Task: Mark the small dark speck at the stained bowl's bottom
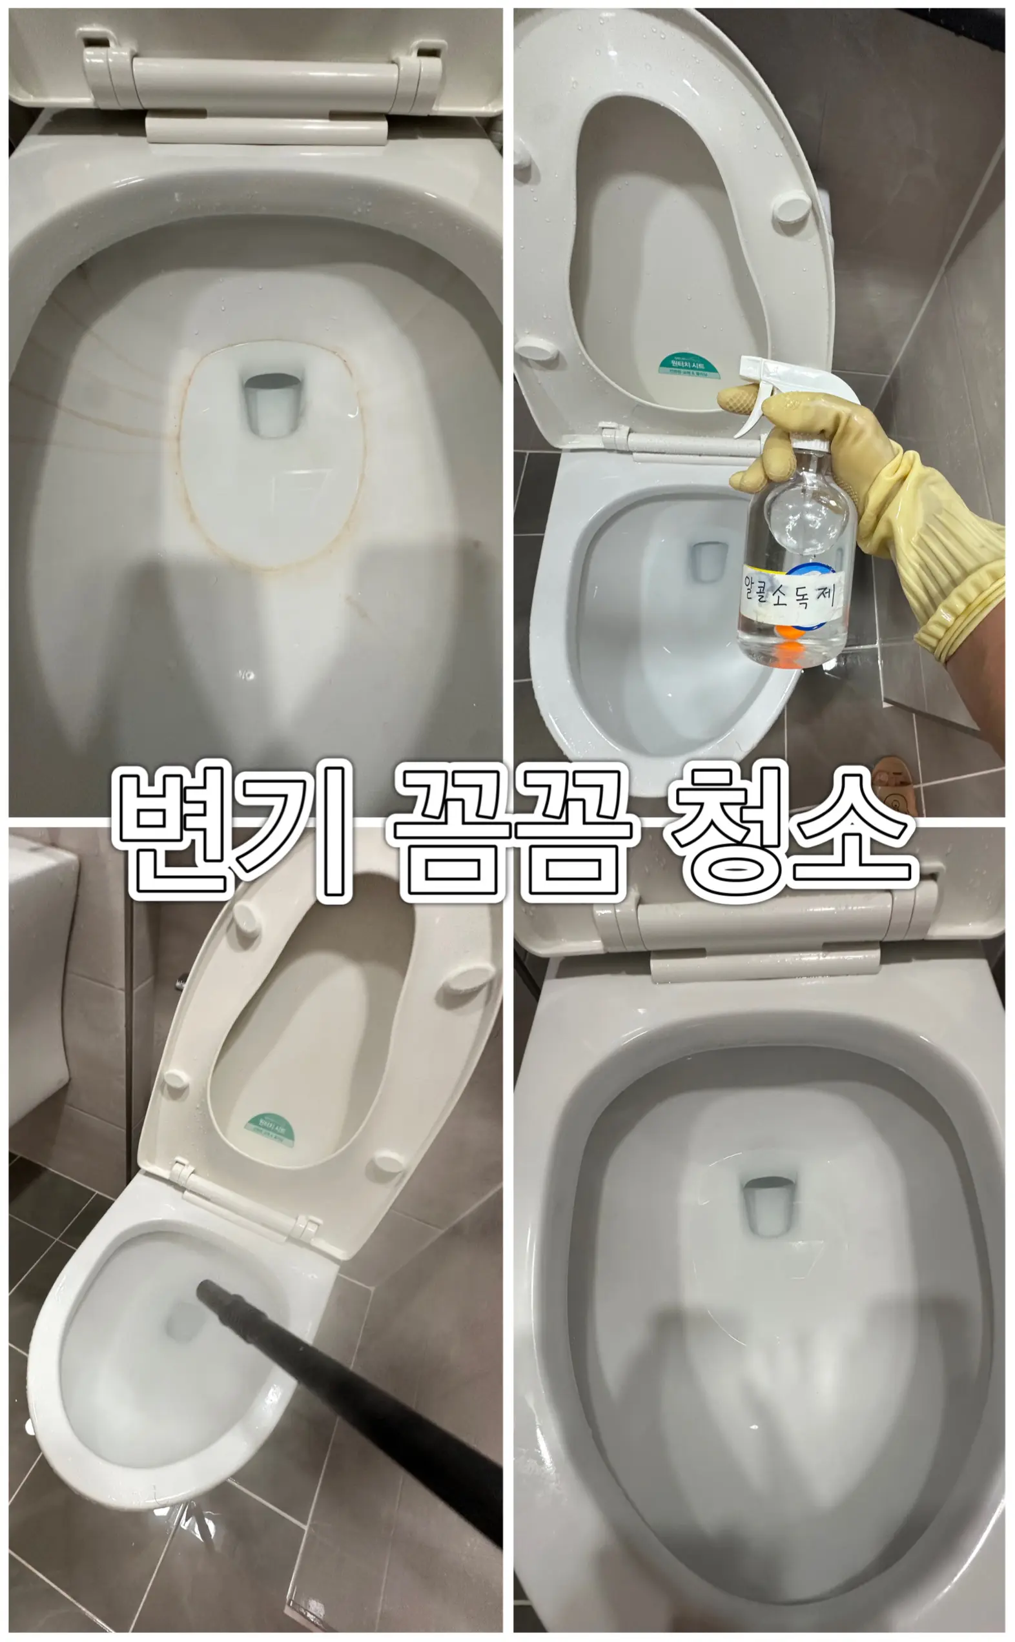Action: tap(247, 674)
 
